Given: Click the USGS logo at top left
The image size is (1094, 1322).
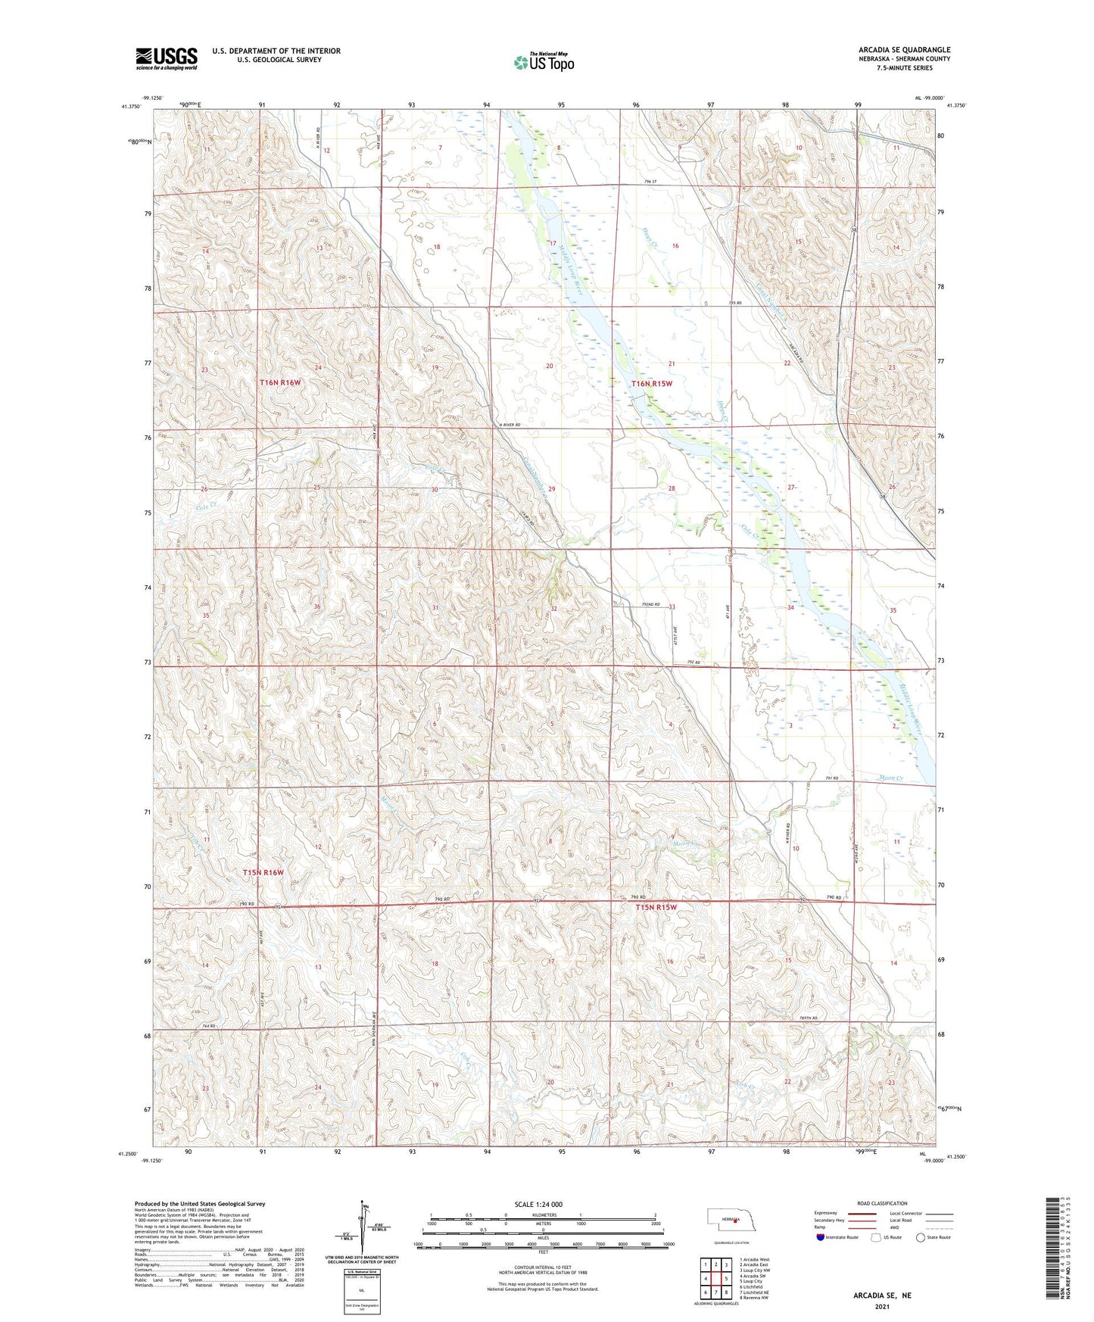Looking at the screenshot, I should point(167,58).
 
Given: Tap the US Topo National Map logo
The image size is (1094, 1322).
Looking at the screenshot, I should point(544,62).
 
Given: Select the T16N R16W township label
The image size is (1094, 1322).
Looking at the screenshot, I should point(280,383).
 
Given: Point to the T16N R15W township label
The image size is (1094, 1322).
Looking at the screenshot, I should point(651,384).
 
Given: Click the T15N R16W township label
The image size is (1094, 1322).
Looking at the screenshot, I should point(263,872).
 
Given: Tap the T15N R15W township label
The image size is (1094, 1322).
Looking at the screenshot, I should point(655,907).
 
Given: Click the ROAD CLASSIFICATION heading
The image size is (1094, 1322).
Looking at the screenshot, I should point(881,1203).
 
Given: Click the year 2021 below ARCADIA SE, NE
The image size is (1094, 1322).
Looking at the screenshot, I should point(882,1307).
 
